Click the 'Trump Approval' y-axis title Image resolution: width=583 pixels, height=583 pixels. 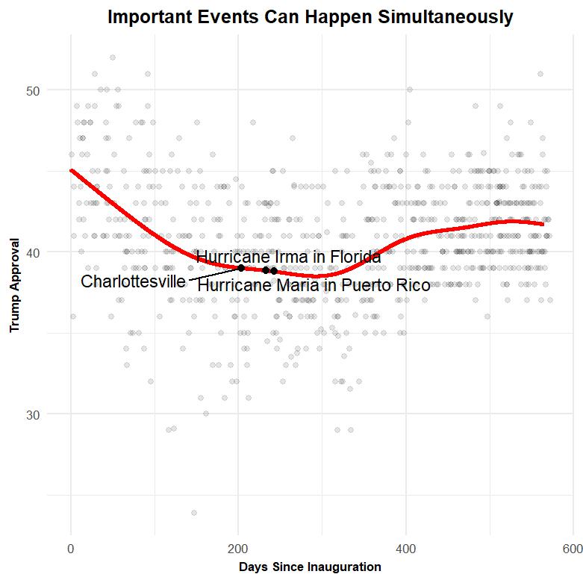[14, 285]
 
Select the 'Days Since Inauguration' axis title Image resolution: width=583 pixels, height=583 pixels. [310, 567]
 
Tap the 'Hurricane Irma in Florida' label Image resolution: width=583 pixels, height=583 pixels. [288, 257]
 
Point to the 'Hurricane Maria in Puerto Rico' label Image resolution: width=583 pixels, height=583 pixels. [314, 285]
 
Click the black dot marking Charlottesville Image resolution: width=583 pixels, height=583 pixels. [241, 268]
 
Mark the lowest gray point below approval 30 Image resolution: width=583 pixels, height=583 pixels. [194, 513]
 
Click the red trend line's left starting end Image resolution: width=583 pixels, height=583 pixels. [72, 170]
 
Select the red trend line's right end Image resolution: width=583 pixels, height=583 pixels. [542, 224]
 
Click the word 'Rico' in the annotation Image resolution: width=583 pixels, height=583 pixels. [413, 285]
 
